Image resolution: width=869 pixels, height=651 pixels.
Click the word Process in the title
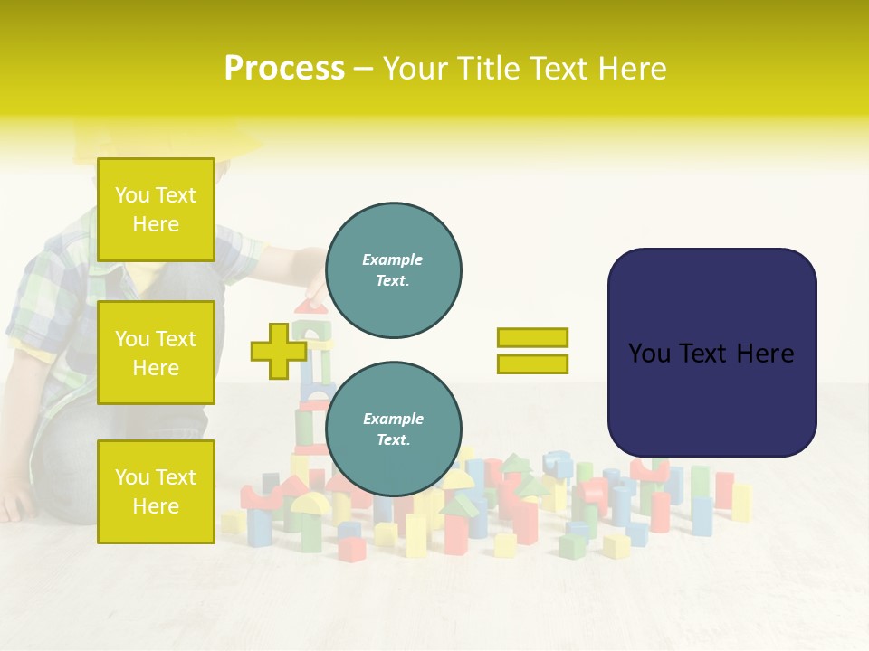click(284, 69)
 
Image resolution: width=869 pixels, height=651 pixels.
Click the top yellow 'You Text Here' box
click(156, 210)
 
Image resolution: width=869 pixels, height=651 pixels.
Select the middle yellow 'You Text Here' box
click(156, 353)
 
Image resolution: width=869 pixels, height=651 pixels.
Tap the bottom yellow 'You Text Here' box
click(156, 491)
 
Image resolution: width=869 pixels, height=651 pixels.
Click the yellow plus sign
click(278, 351)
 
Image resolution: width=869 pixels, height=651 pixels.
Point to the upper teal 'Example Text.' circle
click(394, 270)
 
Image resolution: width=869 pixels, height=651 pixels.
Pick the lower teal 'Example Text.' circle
click(394, 429)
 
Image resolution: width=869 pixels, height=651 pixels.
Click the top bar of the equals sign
click(532, 337)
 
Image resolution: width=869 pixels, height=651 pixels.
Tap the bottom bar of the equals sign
click(532, 364)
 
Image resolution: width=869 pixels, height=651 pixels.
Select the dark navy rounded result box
click(711, 353)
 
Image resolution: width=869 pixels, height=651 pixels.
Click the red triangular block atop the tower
click(311, 307)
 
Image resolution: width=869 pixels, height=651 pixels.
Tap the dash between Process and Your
click(364, 70)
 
